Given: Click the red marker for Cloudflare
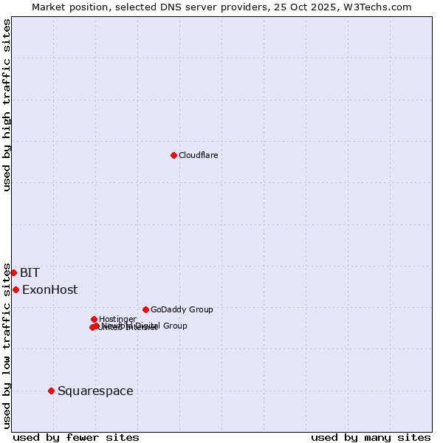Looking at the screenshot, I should [174, 155].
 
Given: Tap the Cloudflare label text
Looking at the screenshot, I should [198, 155].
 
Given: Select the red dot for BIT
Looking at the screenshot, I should [13, 272].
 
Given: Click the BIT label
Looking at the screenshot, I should [30, 272].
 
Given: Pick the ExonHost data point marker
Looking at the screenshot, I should [16, 289].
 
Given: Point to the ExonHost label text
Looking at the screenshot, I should [49, 289].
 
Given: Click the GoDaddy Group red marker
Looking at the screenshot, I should [145, 309].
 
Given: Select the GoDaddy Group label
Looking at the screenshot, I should [182, 309].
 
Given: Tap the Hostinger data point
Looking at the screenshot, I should [94, 319].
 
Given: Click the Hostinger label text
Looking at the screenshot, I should [117, 319].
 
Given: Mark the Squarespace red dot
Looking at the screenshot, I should [51, 391].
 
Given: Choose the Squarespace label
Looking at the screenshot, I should [95, 391].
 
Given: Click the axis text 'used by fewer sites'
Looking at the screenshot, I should [76, 437].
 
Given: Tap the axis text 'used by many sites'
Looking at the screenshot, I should [371, 437].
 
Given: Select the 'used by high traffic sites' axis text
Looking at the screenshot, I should [7, 105].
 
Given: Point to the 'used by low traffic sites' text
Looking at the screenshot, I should [7, 345].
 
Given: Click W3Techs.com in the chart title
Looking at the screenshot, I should [380, 7].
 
